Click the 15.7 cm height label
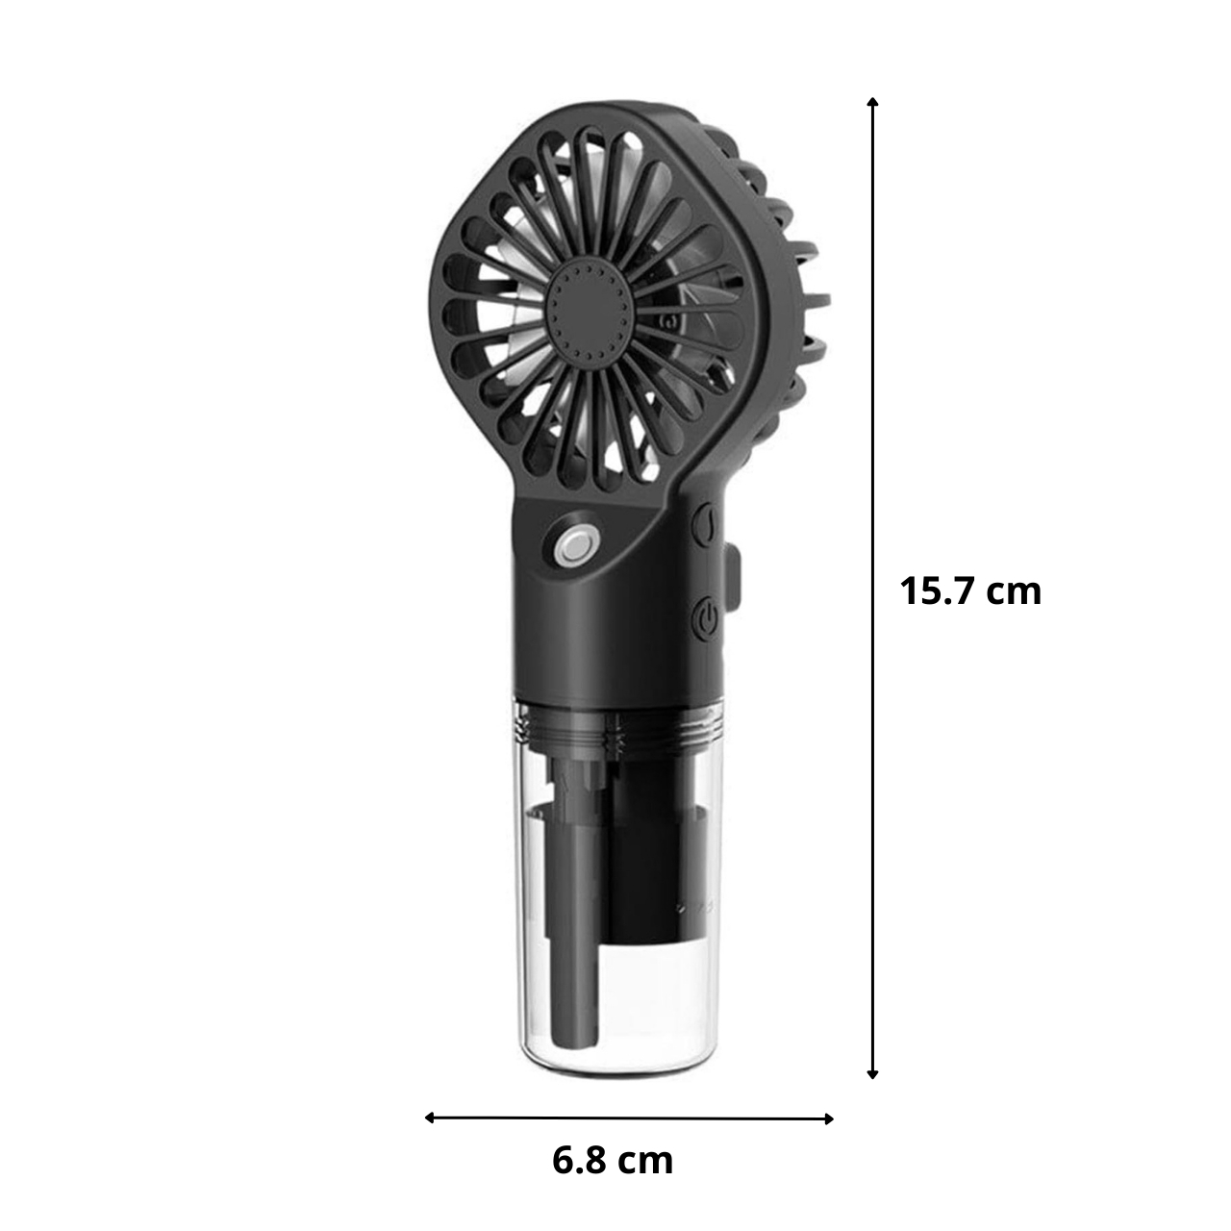(x=970, y=591)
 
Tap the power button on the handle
(x=706, y=617)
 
